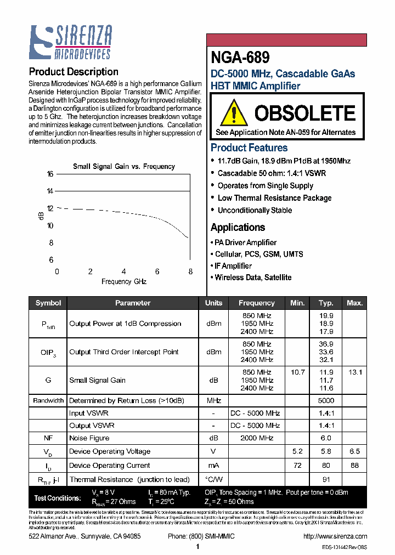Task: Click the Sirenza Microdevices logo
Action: click(70, 42)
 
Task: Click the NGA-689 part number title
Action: click(240, 58)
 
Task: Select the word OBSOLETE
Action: click(304, 114)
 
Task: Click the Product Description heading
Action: click(74, 72)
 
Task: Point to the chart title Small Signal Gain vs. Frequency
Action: click(124, 166)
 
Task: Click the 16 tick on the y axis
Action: click(50, 174)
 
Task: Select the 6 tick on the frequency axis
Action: click(157, 271)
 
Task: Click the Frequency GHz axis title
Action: click(124, 281)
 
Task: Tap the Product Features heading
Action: click(249, 148)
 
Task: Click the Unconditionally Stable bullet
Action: click(255, 210)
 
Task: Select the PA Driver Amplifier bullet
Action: click(246, 242)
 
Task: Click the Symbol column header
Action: click(48, 303)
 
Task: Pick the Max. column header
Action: click(355, 303)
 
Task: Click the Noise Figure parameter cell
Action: click(89, 438)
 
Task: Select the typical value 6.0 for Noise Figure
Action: click(326, 438)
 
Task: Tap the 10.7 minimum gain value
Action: click(297, 372)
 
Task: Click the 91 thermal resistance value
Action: click(326, 479)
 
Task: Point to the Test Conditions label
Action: click(57, 498)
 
